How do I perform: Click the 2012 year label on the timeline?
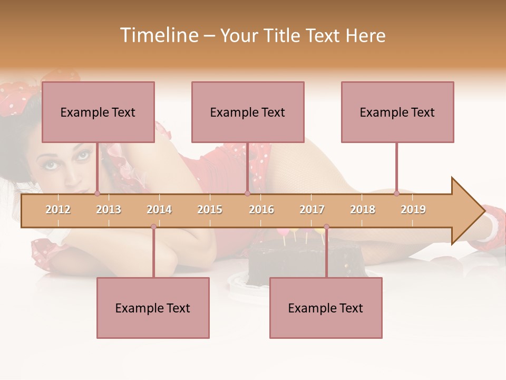point(58,210)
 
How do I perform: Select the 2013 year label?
point(109,210)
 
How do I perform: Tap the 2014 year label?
point(159,210)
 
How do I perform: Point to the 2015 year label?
point(210,210)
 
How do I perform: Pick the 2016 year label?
point(261,210)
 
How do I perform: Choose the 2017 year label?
point(312,210)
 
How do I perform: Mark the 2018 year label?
point(363,210)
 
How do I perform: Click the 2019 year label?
point(413,210)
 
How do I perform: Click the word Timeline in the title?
point(159,35)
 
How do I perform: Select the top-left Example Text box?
point(98,112)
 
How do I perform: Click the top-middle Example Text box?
point(248,112)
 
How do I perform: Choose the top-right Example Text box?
point(397,112)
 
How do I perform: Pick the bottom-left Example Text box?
point(153,308)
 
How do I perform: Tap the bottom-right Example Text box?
point(326,308)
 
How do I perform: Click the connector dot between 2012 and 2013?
point(98,193)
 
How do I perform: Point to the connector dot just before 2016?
point(247,193)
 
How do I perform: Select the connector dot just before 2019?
point(396,193)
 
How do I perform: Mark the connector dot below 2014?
point(153,226)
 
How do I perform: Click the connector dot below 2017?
point(326,226)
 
